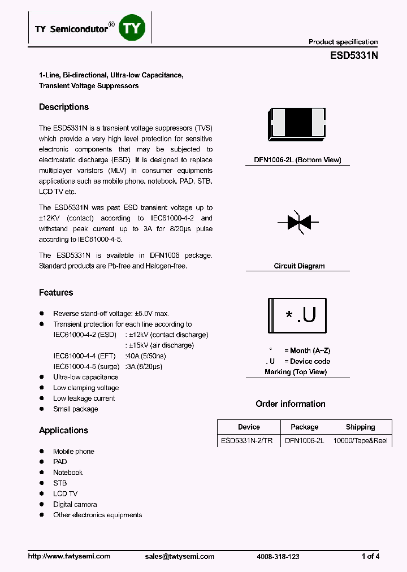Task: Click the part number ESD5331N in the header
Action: point(354,57)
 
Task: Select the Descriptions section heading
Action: point(64,107)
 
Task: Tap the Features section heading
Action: point(56,292)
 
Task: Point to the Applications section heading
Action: point(63,430)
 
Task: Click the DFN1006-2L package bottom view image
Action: point(297,124)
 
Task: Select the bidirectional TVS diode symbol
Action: point(298,222)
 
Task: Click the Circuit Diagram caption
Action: point(299,266)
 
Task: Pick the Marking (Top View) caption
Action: point(296,372)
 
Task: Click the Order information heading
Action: point(291,404)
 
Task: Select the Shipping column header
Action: point(360,427)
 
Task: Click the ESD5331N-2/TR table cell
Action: point(247,441)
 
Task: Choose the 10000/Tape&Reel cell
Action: point(361,441)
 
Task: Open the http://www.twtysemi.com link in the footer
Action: point(69,556)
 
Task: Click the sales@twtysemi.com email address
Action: point(180,556)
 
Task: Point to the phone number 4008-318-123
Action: point(278,556)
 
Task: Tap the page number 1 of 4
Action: point(370,556)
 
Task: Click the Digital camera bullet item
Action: point(75,504)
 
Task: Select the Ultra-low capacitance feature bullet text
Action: point(86,377)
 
